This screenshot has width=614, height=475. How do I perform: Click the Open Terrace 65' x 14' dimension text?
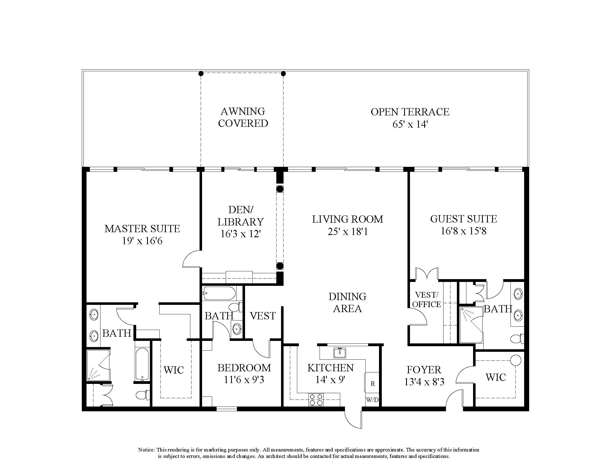(410, 124)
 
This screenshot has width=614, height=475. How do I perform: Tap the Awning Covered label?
(243, 117)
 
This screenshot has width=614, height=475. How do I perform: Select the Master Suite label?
(142, 229)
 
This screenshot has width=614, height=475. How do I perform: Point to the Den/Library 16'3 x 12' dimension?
(241, 234)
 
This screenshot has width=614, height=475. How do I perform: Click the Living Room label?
(347, 219)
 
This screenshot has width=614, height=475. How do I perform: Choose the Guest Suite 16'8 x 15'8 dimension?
(463, 231)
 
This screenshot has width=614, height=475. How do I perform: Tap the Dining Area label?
(347, 303)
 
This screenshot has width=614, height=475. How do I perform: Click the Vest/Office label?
(426, 300)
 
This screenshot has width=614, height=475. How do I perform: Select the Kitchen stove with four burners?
(316, 400)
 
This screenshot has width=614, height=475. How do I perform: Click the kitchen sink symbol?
(340, 353)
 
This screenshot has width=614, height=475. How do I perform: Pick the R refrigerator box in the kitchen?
(373, 384)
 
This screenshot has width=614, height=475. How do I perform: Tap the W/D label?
(372, 400)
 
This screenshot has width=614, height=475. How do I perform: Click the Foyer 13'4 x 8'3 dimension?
(424, 382)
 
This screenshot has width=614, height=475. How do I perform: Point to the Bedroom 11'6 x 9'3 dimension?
(244, 380)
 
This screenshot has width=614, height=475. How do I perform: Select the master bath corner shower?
(98, 365)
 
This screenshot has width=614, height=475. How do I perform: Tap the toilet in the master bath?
(142, 395)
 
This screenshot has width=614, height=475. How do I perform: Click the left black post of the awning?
(201, 74)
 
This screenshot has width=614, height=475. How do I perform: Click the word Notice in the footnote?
(146, 450)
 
